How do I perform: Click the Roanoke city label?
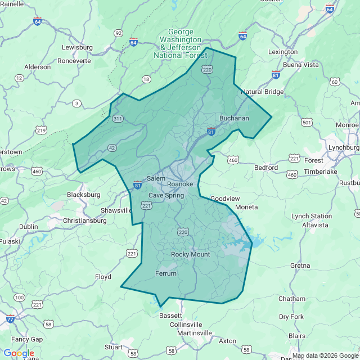pos(180,184)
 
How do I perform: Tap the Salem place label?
pos(156,178)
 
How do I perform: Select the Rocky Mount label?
pos(190,254)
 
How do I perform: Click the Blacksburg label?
pos(83,195)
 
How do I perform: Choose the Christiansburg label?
pos(84,220)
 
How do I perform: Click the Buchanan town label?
pos(234,118)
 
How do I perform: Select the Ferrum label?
pos(165,273)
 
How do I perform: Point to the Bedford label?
pos(266,168)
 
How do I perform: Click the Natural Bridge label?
pos(263,92)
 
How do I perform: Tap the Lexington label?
pos(283,52)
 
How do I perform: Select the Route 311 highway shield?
pos(118,119)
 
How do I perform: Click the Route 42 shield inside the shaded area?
pos(112,147)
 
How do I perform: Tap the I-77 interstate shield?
pos(11,319)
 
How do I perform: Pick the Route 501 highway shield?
pos(307,122)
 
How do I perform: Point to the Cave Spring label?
pos(166,195)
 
